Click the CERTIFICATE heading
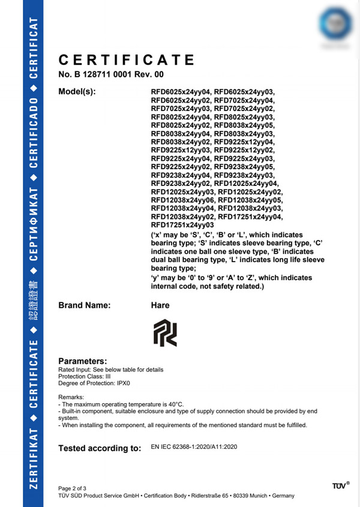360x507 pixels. coord(127,60)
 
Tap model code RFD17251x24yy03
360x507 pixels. coord(182,224)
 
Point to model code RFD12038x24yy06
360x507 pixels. coord(182,199)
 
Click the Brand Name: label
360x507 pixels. coord(85,305)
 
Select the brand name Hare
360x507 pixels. coord(160,305)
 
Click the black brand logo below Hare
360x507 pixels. coord(164,333)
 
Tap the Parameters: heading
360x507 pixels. coord(82,361)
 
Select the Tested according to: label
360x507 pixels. coord(99,449)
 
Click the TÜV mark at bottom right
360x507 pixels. coord(340,485)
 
